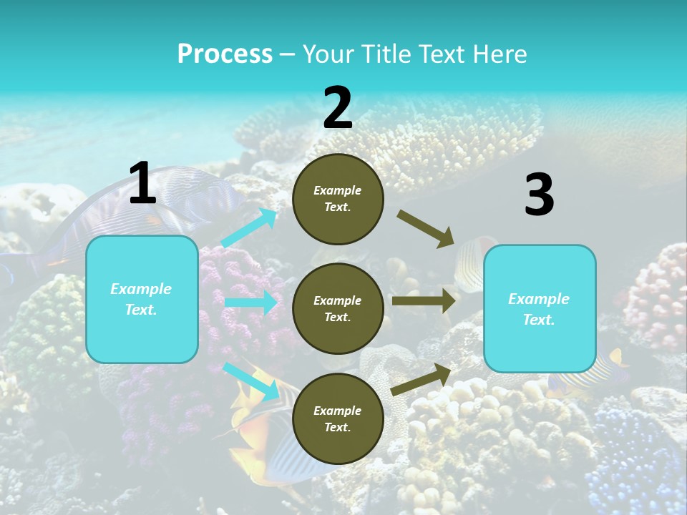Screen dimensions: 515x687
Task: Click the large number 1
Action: (142, 184)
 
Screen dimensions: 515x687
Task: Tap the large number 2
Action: (338, 109)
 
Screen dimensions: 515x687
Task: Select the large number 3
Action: (539, 195)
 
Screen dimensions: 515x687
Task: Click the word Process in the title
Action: (225, 54)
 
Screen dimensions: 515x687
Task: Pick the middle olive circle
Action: (338, 308)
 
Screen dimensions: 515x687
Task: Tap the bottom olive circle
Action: (338, 418)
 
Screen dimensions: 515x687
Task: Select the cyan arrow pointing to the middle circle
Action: (250, 303)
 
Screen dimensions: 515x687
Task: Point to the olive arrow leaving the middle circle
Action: (424, 301)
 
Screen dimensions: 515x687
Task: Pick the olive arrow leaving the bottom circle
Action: (422, 378)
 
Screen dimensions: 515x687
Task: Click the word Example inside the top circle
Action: (338, 191)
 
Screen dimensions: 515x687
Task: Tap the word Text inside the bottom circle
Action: (336, 427)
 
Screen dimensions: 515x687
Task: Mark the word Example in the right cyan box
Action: (539, 299)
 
